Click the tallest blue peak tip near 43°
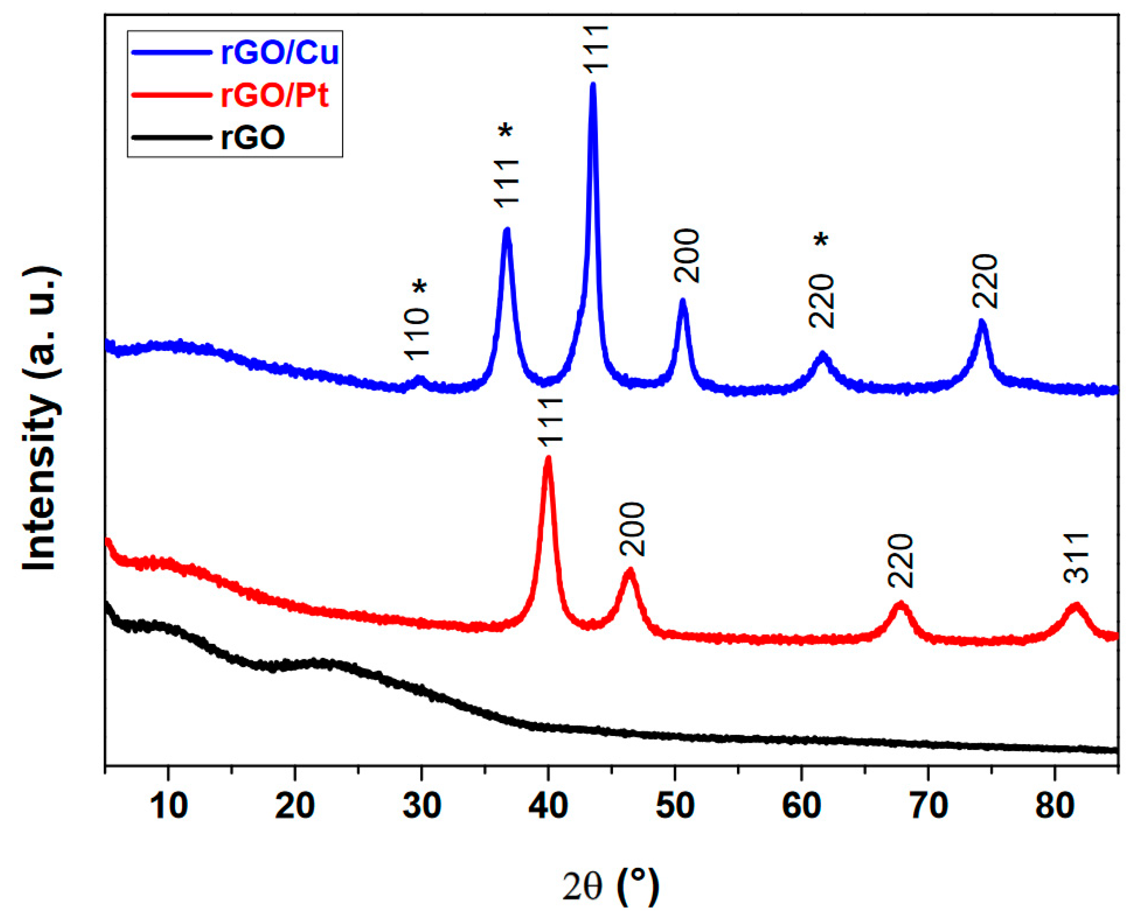pos(593,85)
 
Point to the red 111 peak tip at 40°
pos(548,459)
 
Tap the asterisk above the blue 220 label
pos(821,240)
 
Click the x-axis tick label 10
pos(169,806)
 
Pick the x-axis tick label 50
pos(675,806)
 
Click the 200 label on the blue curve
pos(687,256)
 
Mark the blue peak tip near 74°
pos(982,321)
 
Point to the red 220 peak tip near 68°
pos(900,604)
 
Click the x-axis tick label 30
pos(421,806)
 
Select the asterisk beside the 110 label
pos(419,287)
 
